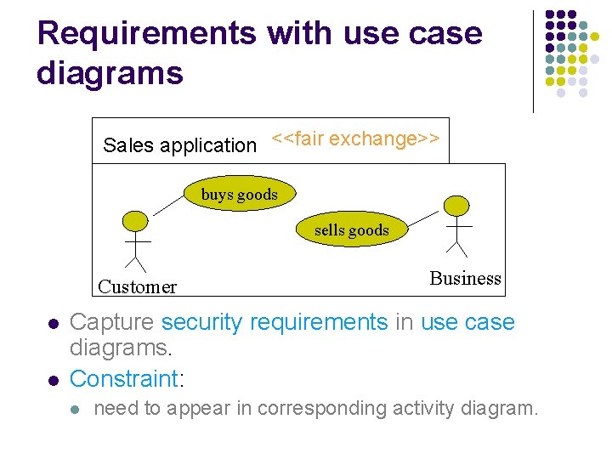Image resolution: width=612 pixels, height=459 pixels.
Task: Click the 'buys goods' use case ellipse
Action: [239, 194]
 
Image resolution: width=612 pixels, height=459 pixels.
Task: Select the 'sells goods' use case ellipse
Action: [351, 229]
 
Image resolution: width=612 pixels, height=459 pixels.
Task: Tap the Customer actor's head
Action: [135, 220]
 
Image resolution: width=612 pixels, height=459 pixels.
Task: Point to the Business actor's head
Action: [457, 206]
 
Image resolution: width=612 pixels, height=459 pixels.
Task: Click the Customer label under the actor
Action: [137, 286]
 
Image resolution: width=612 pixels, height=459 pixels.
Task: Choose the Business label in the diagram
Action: [465, 278]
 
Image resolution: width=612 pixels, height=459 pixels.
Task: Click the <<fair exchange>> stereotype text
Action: [355, 139]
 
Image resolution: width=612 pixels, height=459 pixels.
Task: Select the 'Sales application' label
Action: [179, 145]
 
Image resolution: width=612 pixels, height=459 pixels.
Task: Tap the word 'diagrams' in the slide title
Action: [110, 73]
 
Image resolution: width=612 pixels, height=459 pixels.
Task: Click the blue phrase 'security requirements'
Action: [274, 322]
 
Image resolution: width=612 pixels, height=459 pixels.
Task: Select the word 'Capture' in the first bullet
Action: [112, 322]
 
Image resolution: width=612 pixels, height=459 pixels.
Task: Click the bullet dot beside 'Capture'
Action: [53, 324]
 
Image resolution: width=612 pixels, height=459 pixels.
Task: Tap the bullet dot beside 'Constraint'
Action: [53, 378]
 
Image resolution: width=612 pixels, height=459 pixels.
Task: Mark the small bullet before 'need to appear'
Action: [75, 410]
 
